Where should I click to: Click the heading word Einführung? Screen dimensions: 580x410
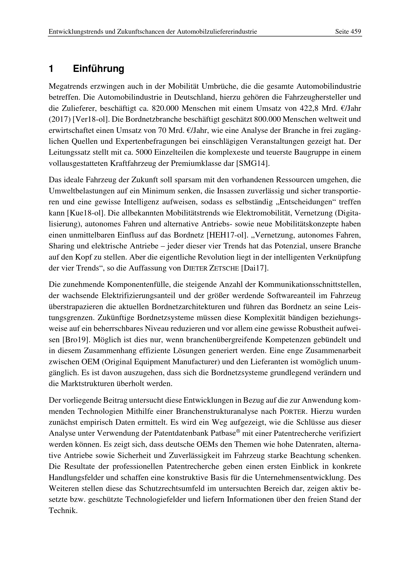(x=98, y=69)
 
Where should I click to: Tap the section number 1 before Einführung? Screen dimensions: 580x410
(x=51, y=69)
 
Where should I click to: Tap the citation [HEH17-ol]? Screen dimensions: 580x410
(x=226, y=235)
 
